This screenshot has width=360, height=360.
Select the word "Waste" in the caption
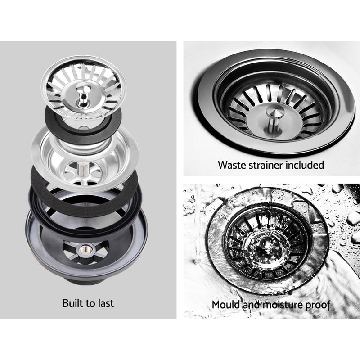[x=231, y=165]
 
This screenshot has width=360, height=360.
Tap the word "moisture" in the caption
[x=280, y=305]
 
